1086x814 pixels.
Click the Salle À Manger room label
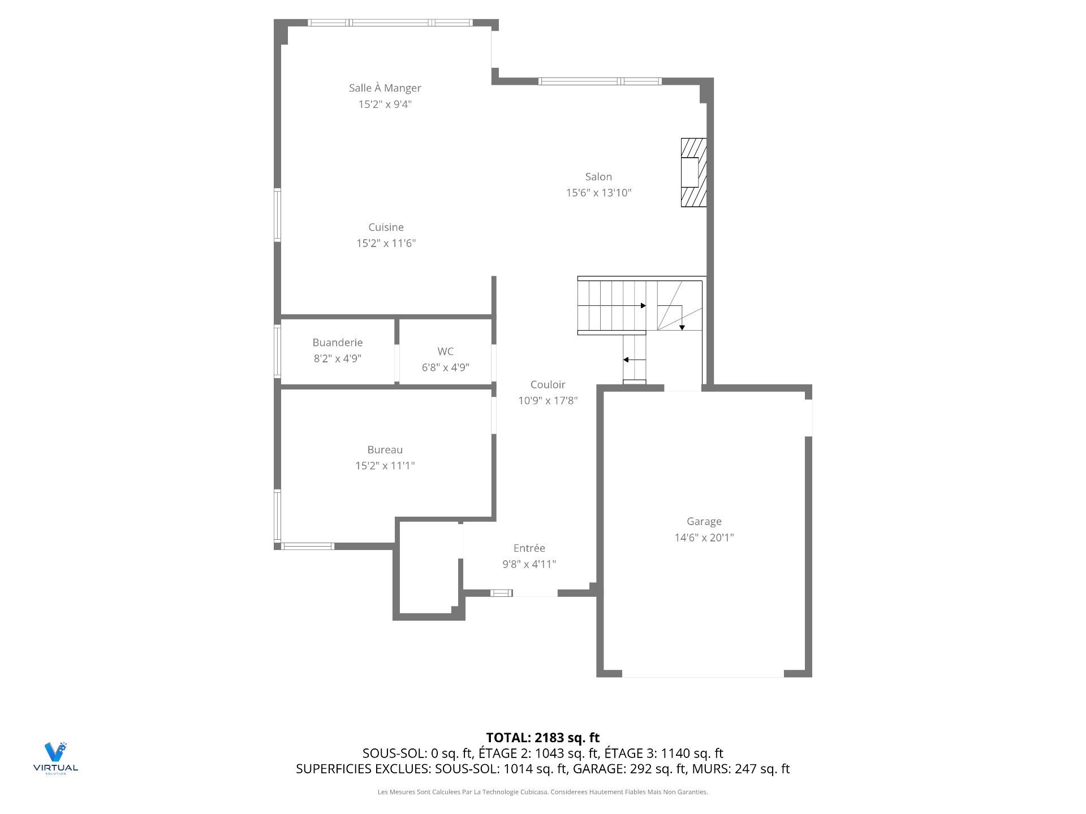click(x=385, y=88)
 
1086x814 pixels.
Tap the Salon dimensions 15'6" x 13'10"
click(x=598, y=193)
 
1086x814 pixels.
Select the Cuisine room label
click(x=386, y=227)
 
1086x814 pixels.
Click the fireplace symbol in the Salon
click(x=693, y=172)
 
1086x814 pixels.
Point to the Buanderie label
click(x=338, y=343)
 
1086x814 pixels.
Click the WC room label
click(x=445, y=352)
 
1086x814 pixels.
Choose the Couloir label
click(x=548, y=385)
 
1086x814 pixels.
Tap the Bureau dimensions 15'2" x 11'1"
click(x=385, y=466)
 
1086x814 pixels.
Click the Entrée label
click(x=529, y=548)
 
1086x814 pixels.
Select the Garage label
click(x=704, y=522)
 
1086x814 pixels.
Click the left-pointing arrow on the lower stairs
click(x=627, y=360)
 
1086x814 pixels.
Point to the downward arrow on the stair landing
click(x=682, y=327)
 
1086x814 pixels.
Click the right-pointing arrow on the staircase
click(x=643, y=306)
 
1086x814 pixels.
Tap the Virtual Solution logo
click(x=55, y=757)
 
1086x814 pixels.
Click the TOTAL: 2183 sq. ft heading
click(x=542, y=738)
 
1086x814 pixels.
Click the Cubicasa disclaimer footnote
click(x=542, y=792)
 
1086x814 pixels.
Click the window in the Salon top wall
click(x=600, y=81)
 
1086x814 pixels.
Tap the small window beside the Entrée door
click(x=501, y=593)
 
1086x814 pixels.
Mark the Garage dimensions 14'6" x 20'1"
click(x=704, y=538)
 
